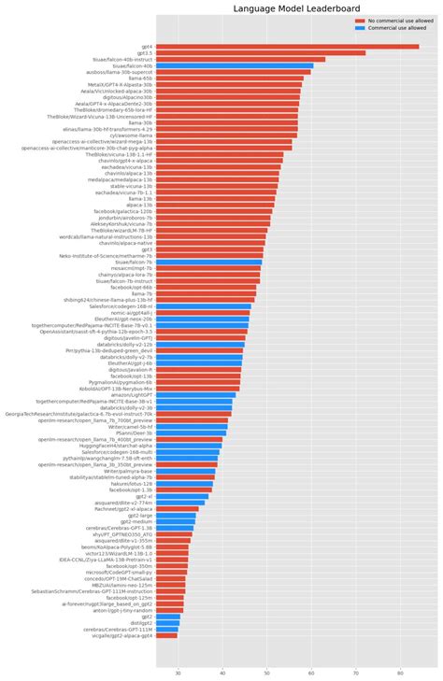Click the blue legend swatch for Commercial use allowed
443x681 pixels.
click(360, 28)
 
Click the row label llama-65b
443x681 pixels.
click(140, 78)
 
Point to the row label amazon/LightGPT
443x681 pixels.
click(131, 395)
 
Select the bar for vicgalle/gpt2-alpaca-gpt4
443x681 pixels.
click(167, 635)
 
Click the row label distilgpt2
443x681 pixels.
click(139, 623)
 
